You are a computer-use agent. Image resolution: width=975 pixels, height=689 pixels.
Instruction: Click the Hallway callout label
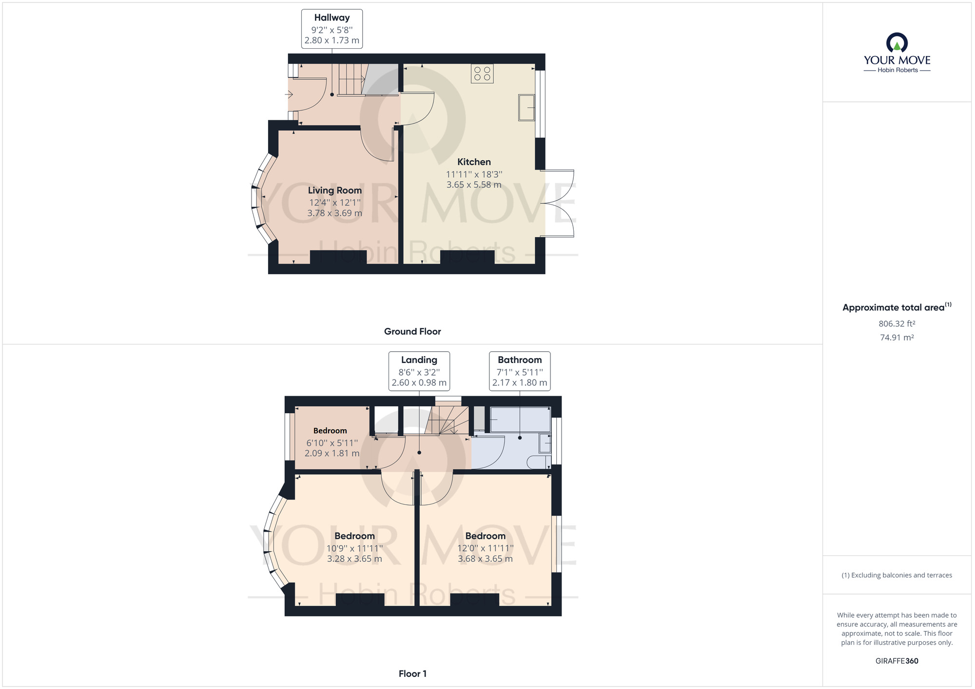coord(331,18)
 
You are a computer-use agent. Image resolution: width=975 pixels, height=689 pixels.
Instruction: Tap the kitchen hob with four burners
coord(482,74)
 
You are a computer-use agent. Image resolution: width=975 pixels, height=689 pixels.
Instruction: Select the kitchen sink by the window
coord(526,107)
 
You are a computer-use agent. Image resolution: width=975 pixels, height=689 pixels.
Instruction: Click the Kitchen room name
coord(474,162)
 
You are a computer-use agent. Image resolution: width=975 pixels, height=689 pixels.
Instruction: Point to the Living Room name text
coord(335,191)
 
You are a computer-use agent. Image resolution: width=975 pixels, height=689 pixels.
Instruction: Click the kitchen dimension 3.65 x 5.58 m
coord(474,185)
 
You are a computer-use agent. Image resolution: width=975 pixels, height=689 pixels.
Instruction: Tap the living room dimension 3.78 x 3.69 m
coord(335,213)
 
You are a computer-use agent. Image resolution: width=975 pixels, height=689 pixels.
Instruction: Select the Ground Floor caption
coord(412,332)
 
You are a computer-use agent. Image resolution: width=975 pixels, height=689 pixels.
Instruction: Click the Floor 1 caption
coord(412,674)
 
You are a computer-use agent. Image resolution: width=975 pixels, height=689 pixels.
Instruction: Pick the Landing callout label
coord(419,360)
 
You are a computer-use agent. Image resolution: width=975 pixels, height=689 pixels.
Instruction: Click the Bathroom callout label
coord(520,360)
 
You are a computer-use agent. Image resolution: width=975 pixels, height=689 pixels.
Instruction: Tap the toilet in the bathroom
coord(539,462)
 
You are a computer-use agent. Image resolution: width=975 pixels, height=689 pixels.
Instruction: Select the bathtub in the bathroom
coord(520,420)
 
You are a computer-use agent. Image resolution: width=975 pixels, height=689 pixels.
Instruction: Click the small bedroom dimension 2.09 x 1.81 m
coord(332,454)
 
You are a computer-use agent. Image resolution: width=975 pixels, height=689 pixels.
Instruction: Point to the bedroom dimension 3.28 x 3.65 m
coord(354,559)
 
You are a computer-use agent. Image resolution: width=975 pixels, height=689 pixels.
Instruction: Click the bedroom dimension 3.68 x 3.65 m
coord(485,559)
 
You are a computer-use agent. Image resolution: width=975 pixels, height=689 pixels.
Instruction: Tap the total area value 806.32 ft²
coord(897,324)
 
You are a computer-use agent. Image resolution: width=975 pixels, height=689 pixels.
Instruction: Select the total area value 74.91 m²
coord(897,338)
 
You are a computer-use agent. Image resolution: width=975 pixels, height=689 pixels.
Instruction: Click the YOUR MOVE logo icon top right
coord(897,43)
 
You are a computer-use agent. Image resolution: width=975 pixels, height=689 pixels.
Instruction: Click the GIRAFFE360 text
coord(897,661)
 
